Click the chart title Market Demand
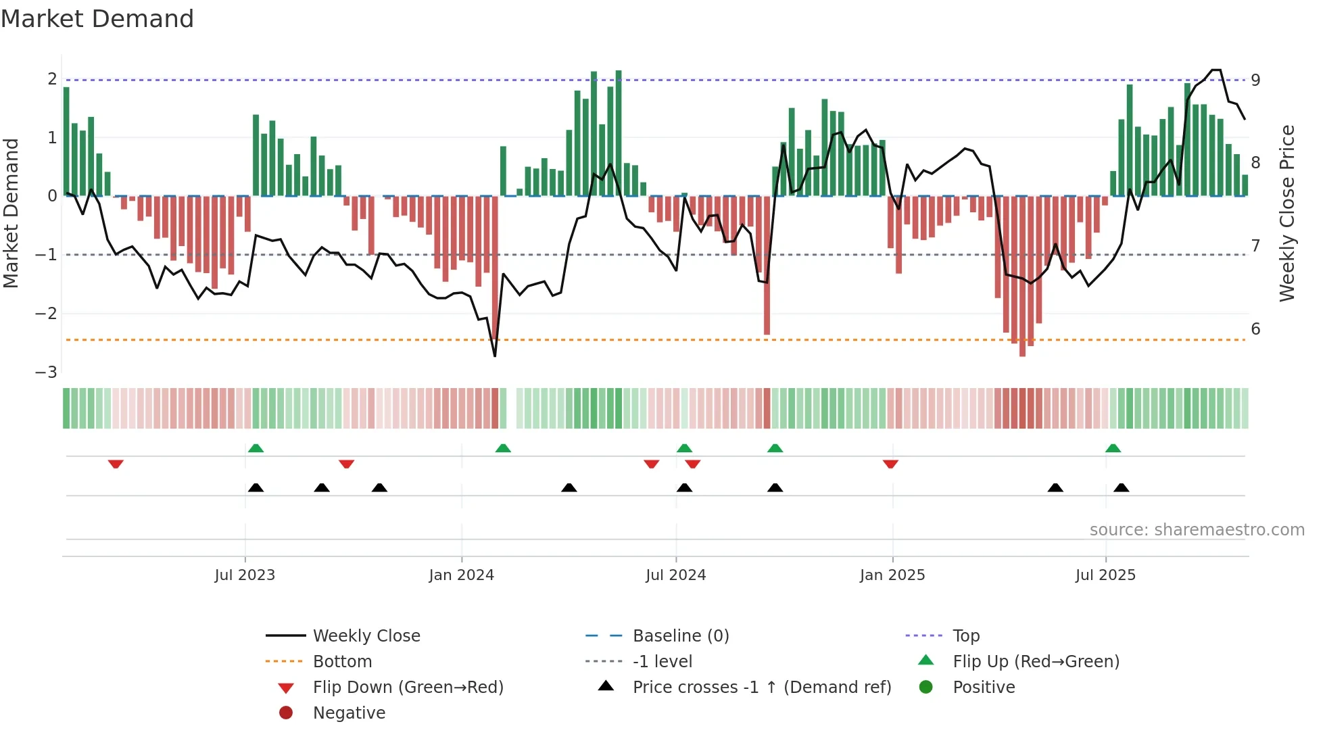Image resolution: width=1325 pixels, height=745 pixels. [x=97, y=19]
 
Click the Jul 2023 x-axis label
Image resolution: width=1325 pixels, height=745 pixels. [x=245, y=575]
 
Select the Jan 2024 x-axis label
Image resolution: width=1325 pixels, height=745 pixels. [x=462, y=575]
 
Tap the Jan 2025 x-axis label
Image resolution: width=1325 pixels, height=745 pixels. [x=892, y=575]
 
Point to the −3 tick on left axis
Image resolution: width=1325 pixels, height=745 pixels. [x=47, y=372]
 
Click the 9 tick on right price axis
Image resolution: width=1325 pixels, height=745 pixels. [x=1255, y=80]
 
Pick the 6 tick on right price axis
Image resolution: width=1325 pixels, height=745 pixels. [x=1255, y=329]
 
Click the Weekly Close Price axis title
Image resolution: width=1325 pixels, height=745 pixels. [x=1287, y=213]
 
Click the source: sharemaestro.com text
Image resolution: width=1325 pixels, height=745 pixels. [x=1197, y=530]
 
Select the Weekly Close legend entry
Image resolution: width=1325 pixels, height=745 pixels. [x=366, y=636]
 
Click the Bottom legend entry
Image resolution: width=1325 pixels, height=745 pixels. [x=342, y=662]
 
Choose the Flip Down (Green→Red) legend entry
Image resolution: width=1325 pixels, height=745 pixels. [x=408, y=688]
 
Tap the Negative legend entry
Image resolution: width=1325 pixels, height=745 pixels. [x=349, y=713]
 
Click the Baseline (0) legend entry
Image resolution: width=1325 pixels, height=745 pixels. [x=681, y=636]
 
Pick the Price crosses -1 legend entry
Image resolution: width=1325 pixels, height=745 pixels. [x=762, y=688]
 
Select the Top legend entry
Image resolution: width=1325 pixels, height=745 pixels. [x=966, y=636]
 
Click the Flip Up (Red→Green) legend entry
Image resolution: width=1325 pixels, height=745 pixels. [x=1036, y=662]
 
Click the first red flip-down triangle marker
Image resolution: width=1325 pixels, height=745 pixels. [x=116, y=464]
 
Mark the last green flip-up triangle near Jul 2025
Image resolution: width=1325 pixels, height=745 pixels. [x=1113, y=448]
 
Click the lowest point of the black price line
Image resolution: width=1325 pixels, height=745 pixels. [x=495, y=356]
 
